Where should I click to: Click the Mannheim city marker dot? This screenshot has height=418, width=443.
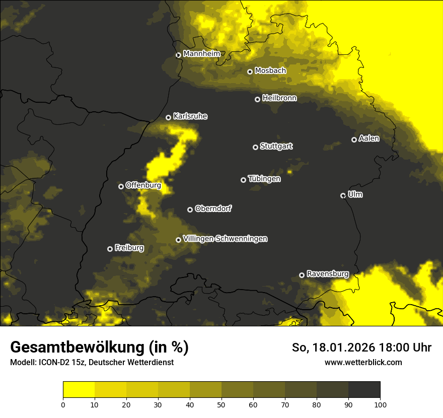click(x=178, y=55)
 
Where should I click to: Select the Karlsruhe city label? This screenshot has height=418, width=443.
click(x=190, y=116)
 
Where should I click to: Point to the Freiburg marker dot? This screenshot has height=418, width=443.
click(x=110, y=249)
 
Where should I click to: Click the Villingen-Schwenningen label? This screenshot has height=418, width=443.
click(x=225, y=239)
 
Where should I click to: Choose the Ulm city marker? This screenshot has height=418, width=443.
click(x=343, y=195)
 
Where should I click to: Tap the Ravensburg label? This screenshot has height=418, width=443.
click(x=328, y=274)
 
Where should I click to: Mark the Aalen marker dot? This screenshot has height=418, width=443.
click(x=354, y=140)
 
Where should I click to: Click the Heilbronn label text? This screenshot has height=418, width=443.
click(x=279, y=98)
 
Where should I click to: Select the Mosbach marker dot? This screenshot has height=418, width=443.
click(x=250, y=72)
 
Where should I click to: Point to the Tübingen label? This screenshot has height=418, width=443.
click(x=264, y=179)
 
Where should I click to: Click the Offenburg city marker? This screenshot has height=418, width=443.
click(x=121, y=186)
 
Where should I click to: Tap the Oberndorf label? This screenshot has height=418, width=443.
click(x=213, y=208)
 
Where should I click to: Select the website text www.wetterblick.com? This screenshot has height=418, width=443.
click(x=363, y=362)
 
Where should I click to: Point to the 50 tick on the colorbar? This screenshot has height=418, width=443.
click(x=221, y=404)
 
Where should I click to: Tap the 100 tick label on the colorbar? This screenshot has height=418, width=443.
click(x=380, y=404)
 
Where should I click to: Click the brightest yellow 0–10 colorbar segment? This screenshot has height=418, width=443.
click(x=79, y=390)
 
